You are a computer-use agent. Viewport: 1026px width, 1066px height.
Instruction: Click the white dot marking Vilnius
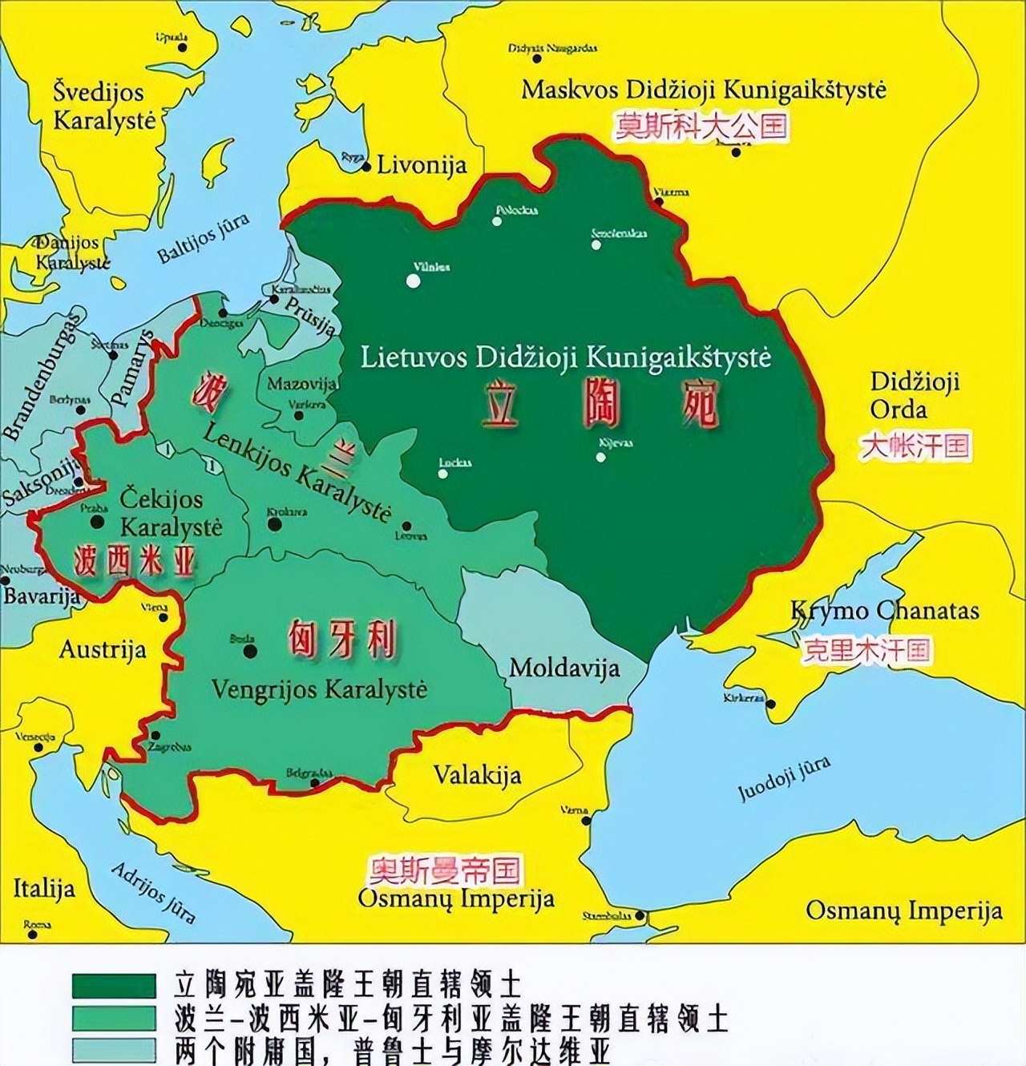pos(413,281)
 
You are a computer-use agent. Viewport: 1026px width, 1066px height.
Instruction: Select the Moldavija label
pos(564,667)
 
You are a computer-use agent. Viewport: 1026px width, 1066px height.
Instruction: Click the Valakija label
pos(477,775)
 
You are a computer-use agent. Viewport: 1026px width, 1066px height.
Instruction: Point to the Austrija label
pos(103,649)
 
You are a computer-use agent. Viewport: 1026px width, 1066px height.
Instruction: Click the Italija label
pos(44,888)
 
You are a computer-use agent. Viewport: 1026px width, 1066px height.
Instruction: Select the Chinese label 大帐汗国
pos(915,446)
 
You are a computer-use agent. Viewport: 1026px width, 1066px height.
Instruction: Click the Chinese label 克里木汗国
pos(866,650)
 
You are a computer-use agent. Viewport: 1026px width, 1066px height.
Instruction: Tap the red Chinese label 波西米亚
pos(135,562)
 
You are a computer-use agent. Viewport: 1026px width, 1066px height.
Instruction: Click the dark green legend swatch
pos(114,985)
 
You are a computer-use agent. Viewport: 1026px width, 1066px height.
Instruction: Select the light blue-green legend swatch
pos(114,1051)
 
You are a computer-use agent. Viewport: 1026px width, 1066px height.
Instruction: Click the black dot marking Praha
pos(97,522)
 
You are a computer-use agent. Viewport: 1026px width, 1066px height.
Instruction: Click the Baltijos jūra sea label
pos(204,239)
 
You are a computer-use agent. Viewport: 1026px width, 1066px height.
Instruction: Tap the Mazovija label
pos(301,384)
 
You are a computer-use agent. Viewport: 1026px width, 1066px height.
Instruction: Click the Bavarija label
pos(42,596)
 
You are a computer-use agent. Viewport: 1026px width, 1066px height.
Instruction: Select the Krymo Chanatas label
pos(884,611)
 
